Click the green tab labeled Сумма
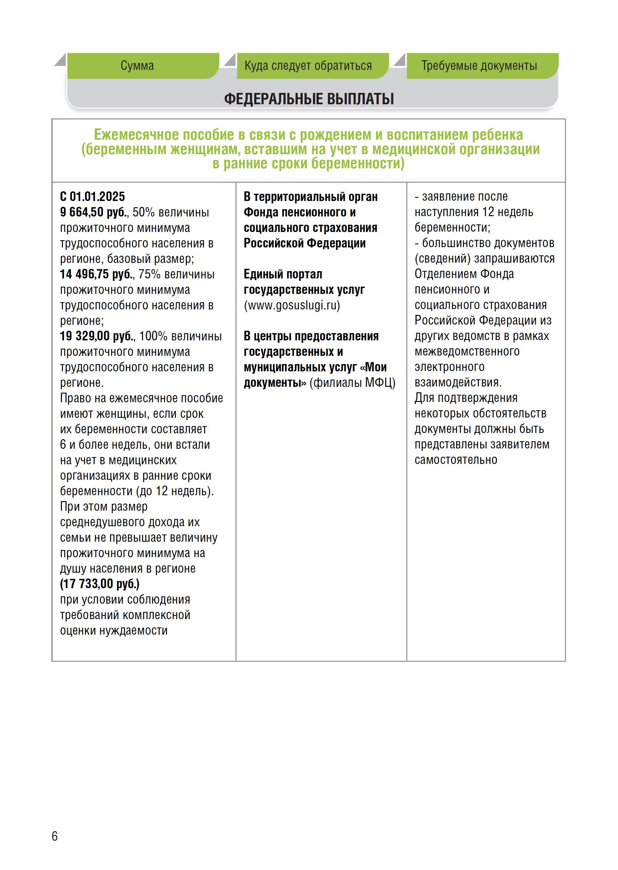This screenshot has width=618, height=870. pyautogui.click(x=137, y=66)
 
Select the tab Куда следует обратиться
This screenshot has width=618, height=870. pyautogui.click(x=308, y=66)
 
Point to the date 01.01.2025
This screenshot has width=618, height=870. pyautogui.click(x=97, y=197)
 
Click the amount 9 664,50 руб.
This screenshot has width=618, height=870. pyautogui.click(x=93, y=212)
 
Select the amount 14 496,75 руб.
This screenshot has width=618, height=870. pyautogui.click(x=96, y=274)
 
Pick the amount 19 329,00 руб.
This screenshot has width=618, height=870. pyautogui.click(x=96, y=336)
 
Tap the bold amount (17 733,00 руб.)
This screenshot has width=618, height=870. pyautogui.click(x=100, y=584)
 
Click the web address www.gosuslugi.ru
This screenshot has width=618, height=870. pyautogui.click(x=292, y=306)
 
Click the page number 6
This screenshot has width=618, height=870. pyautogui.click(x=55, y=836)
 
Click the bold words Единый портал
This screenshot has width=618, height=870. pyautogui.click(x=283, y=274)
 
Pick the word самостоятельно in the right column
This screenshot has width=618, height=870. pyautogui.click(x=455, y=460)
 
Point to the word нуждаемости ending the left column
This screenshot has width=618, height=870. pyautogui.click(x=134, y=630)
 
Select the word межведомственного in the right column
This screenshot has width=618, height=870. pyautogui.click(x=467, y=351)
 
